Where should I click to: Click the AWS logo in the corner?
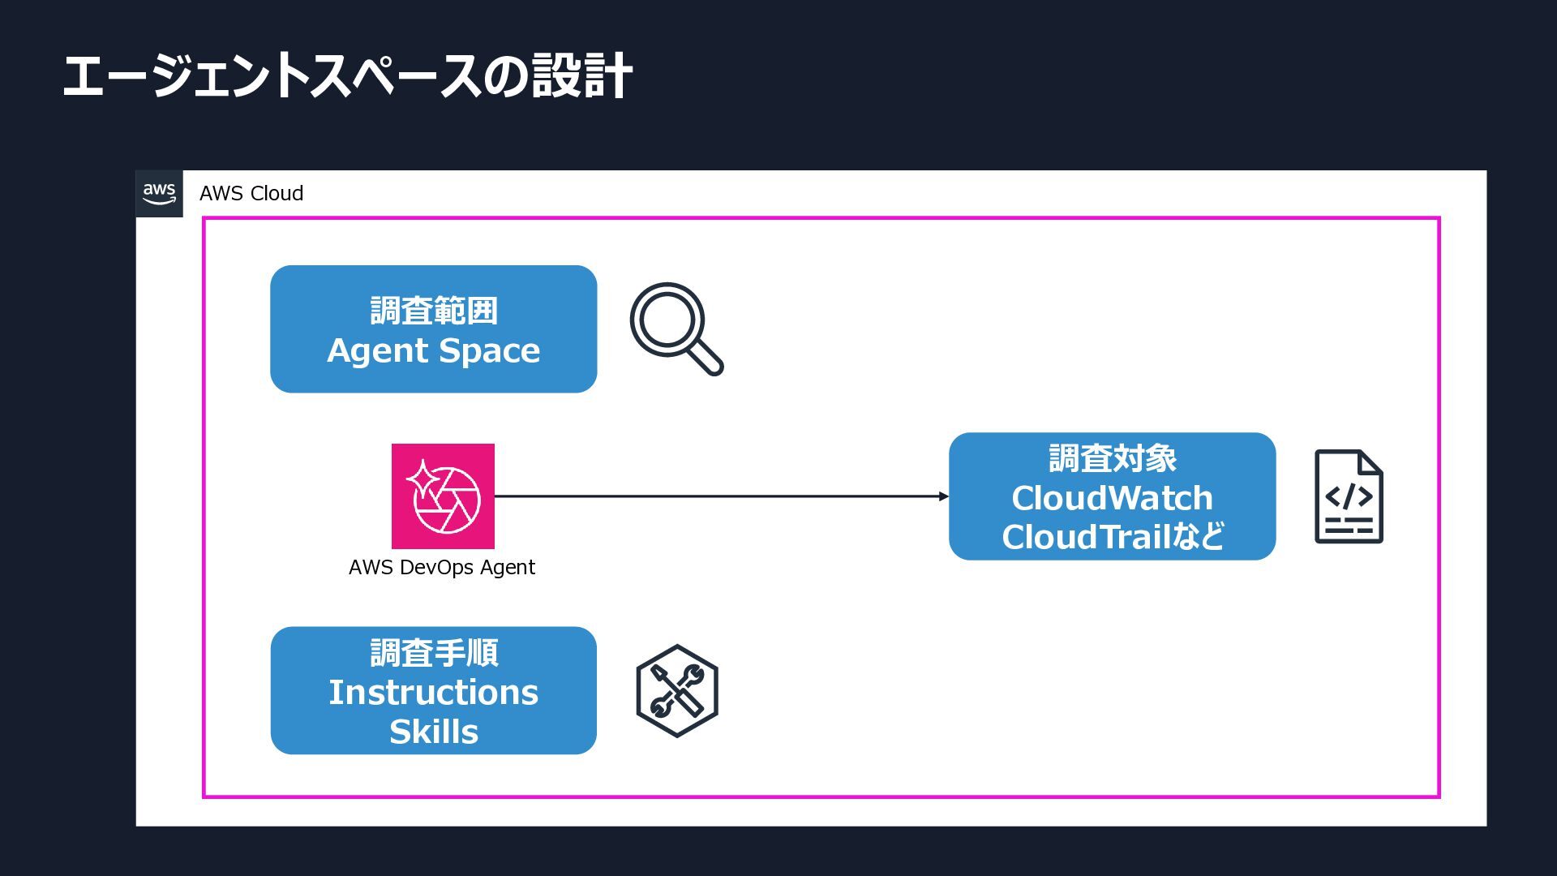pyautogui.click(x=159, y=194)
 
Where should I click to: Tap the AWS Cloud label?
pyautogui.click(x=251, y=194)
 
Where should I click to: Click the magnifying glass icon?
pyautogui.click(x=676, y=328)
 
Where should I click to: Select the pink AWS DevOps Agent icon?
pyautogui.click(x=443, y=496)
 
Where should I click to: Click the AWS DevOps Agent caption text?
pyautogui.click(x=442, y=567)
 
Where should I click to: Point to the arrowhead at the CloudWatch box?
pyautogui.click(x=944, y=496)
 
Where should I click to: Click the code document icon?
pyautogui.click(x=1349, y=496)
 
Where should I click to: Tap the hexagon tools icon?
pyautogui.click(x=677, y=691)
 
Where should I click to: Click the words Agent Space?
pyautogui.click(x=434, y=350)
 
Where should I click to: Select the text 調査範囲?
pyautogui.click(x=434, y=311)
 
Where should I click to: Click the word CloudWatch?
pyautogui.click(x=1113, y=498)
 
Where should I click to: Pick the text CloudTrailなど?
pyautogui.click(x=1113, y=537)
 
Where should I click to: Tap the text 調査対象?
pyautogui.click(x=1113, y=458)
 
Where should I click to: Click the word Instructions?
pyautogui.click(x=434, y=693)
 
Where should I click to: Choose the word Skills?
pyautogui.click(x=434, y=732)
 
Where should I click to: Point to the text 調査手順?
pyautogui.click(x=434, y=653)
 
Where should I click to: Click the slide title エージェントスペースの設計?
pyautogui.click(x=347, y=76)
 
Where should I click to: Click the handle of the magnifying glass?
pyautogui.click(x=707, y=359)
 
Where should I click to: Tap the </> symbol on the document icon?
pyautogui.click(x=1349, y=496)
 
